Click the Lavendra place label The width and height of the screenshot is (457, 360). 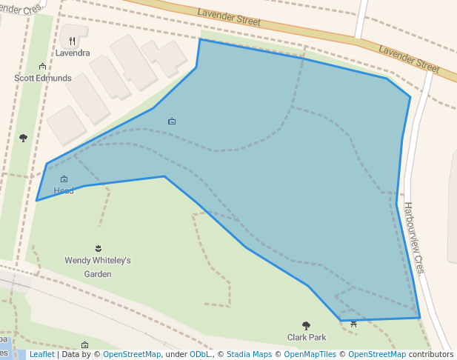click(73, 53)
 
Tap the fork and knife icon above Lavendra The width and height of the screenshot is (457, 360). click(73, 41)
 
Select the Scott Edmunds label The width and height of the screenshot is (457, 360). click(43, 78)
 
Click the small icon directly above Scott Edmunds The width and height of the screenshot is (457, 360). click(42, 67)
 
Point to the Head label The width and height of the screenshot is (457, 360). click(64, 191)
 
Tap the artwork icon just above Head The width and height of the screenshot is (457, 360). click(64, 179)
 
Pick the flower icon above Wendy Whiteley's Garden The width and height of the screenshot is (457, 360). click(98, 248)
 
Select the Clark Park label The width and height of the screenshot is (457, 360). click(307, 337)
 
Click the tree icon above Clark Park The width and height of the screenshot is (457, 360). click(306, 325)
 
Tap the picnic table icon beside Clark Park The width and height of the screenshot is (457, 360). click(354, 324)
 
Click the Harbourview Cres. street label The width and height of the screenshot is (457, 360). click(413, 238)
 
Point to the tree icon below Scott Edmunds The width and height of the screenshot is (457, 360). click(23, 138)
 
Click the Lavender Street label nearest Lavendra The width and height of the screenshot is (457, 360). click(229, 17)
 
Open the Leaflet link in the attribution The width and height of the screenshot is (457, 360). click(41, 355)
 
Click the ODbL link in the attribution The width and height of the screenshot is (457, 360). click(200, 355)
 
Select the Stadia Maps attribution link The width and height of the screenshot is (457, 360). click(249, 355)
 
